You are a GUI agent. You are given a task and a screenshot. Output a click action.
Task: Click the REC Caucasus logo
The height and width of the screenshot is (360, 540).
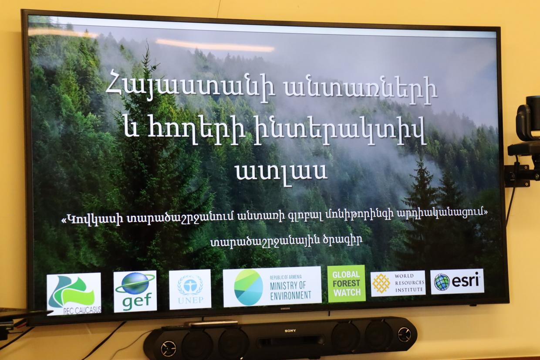[74, 294]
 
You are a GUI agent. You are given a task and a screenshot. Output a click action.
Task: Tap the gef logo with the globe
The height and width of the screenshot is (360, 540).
[135, 291]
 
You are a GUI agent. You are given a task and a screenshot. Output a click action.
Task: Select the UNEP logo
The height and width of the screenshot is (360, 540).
[190, 289]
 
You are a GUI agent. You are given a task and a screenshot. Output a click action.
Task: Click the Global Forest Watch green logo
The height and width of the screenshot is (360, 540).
[346, 284]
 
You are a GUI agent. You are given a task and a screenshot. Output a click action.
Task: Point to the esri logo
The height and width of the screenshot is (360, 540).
[457, 282]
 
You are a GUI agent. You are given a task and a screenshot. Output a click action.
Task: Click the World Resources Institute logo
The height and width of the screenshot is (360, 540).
[398, 283]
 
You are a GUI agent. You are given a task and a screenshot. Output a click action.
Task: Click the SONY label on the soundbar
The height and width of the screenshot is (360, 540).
[290, 331]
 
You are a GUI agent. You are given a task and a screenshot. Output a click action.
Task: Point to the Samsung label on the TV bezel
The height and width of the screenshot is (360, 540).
[285, 309]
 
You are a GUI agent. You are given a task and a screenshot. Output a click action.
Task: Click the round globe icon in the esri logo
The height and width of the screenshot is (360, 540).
[442, 282]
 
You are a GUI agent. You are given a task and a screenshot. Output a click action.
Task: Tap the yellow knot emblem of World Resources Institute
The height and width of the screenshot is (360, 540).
[381, 283]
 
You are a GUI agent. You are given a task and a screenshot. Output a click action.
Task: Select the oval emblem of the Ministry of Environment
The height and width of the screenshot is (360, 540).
[249, 287]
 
